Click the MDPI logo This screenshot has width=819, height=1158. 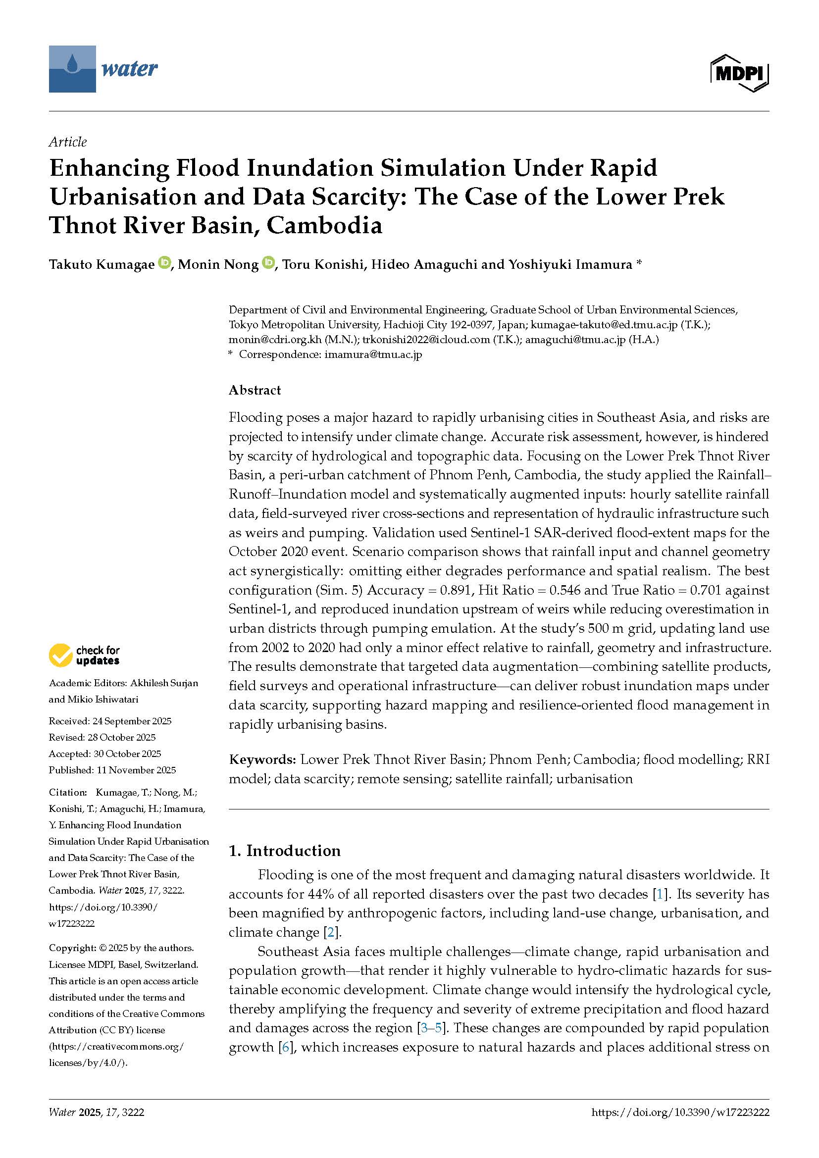pyautogui.click(x=739, y=73)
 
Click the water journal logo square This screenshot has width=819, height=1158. pyautogui.click(x=72, y=69)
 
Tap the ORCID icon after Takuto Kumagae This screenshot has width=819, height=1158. pyautogui.click(x=164, y=263)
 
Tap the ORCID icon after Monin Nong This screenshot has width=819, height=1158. pyautogui.click(x=268, y=263)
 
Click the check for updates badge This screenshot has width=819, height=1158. pyautogui.click(x=84, y=655)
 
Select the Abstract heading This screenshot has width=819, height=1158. pyautogui.click(x=255, y=390)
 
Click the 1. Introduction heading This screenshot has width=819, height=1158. pyautogui.click(x=284, y=851)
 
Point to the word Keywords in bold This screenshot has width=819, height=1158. pyautogui.click(x=262, y=759)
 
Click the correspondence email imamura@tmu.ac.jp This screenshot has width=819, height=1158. pyautogui.click(x=373, y=354)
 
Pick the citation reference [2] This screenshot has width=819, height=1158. pyautogui.click(x=331, y=932)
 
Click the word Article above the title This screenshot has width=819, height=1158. pyautogui.click(x=67, y=142)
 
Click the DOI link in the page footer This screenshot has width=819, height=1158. pyautogui.click(x=680, y=1112)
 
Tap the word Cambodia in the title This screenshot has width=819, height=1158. pyautogui.click(x=324, y=225)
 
